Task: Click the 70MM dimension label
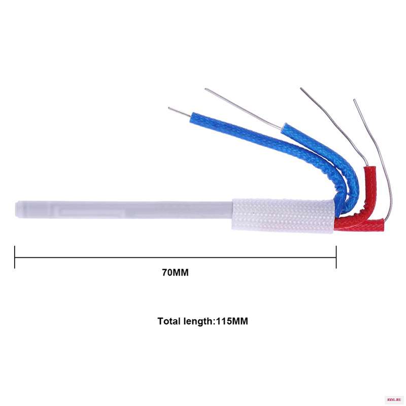point(175,273)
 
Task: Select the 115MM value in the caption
point(232,321)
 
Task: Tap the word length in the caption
point(198,322)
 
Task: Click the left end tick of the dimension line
point(15,257)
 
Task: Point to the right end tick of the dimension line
point(336,257)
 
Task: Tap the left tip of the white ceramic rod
point(16,209)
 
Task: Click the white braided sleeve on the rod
point(283,216)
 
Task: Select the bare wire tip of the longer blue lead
point(169,108)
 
